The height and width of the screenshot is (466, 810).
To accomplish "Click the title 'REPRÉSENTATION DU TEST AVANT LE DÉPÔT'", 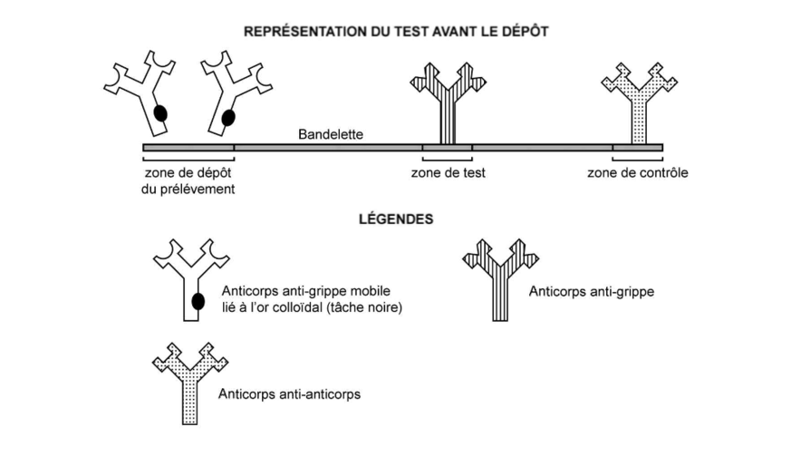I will click(396, 31).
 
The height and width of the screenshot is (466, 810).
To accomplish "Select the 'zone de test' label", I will click(448, 173).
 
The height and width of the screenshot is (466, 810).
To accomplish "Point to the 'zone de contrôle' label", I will click(637, 173).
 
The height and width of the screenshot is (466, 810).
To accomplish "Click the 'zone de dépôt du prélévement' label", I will click(188, 180).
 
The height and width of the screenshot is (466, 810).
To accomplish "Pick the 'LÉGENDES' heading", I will click(395, 218).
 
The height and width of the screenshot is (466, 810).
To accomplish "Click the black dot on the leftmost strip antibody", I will click(160, 113).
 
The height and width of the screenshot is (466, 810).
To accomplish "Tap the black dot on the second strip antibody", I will click(228, 117).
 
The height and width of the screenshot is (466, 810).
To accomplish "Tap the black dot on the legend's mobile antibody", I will click(198, 300).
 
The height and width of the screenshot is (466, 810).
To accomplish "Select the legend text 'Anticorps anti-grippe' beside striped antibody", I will click(590, 292).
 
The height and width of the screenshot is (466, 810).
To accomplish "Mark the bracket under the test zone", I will click(447, 159).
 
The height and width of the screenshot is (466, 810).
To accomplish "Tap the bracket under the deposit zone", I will click(188, 159).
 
